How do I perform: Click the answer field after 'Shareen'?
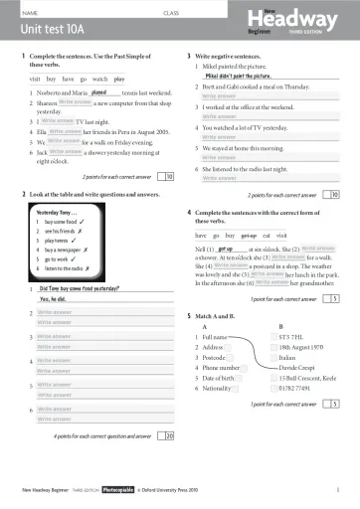point(77,102)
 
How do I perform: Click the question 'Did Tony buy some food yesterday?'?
point(79,286)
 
